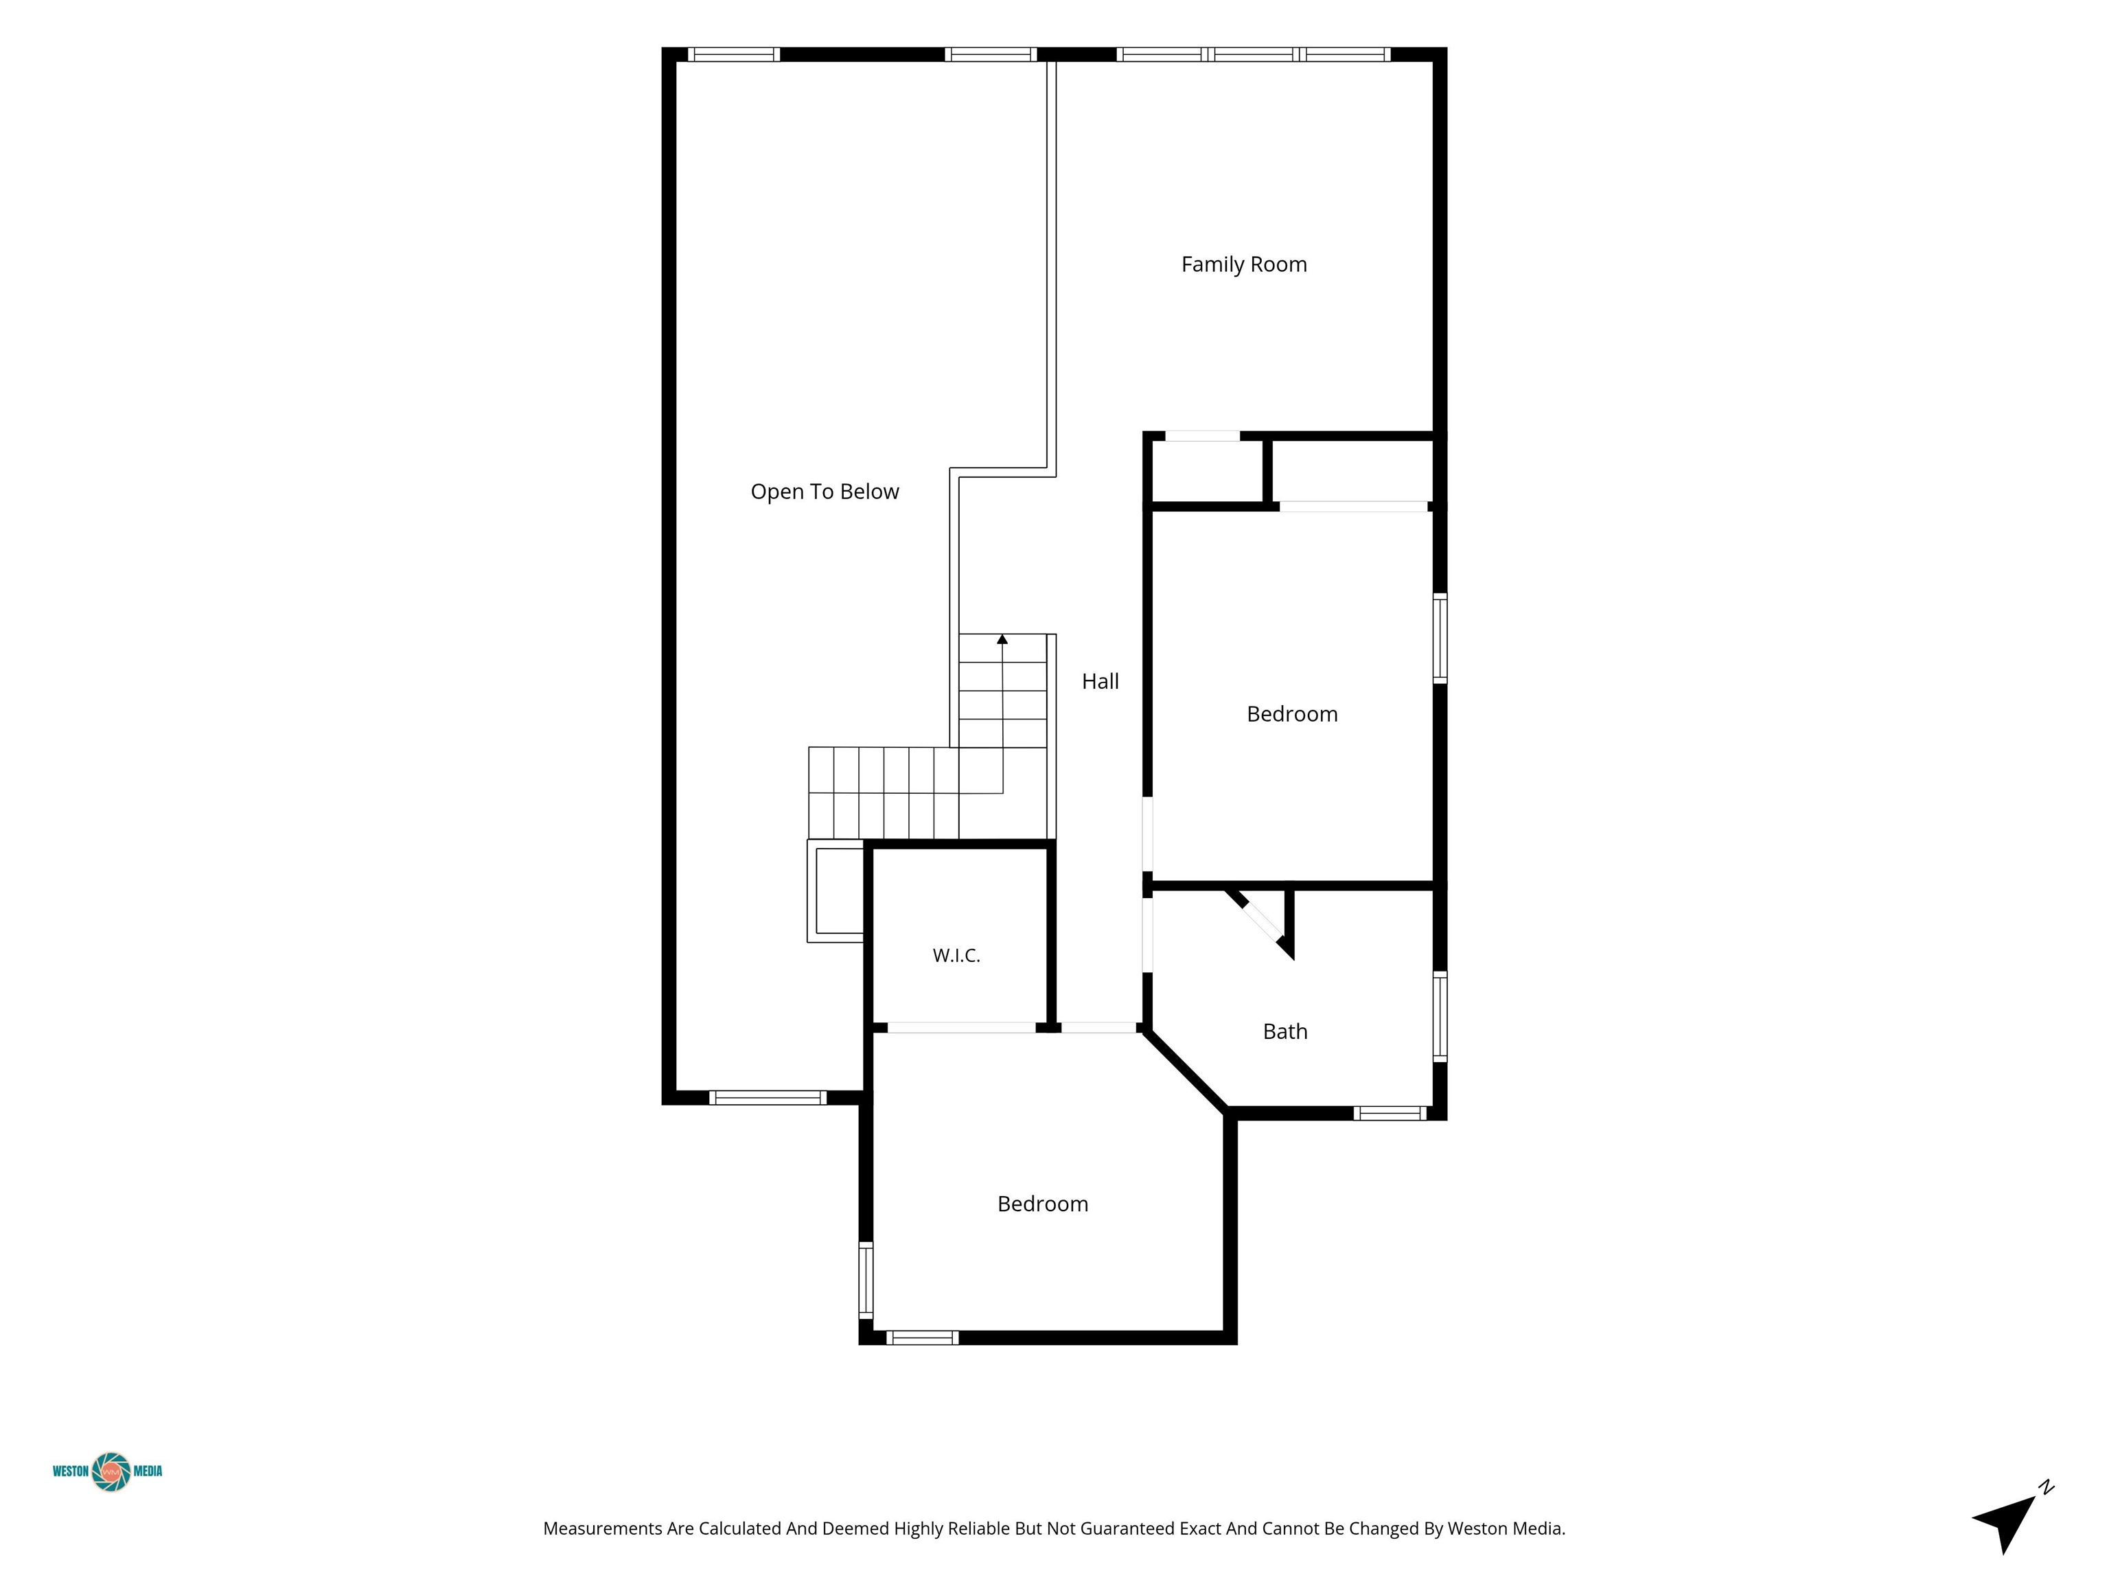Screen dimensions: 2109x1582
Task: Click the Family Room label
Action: [1243, 265]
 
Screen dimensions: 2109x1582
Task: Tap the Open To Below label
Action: [825, 492]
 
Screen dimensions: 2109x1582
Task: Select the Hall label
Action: [1100, 681]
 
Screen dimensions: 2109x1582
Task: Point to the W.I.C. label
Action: [956, 956]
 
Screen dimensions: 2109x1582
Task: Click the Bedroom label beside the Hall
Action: [1292, 714]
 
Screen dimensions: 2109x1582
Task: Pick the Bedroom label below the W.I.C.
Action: [1043, 1204]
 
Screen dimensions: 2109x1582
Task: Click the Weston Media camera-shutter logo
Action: [111, 1471]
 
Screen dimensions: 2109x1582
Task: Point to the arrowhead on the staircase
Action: [1002, 639]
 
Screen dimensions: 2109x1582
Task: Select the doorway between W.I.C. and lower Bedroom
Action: [961, 1027]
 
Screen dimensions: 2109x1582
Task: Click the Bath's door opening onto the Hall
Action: [1148, 935]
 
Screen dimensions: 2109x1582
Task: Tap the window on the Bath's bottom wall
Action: [1390, 1113]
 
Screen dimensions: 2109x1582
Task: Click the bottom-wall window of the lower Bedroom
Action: [922, 1338]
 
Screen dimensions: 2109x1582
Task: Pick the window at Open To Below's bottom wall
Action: [768, 1097]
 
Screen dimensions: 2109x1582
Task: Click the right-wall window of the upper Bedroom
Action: [1440, 638]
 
